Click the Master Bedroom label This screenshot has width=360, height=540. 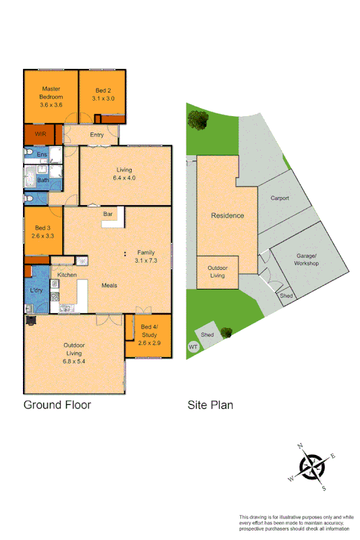[51, 97]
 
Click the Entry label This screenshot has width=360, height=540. [97, 134]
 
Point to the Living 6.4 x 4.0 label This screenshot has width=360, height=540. [124, 173]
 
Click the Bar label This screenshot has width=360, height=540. [107, 214]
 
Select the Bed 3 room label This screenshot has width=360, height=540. [44, 232]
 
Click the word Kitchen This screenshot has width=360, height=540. [67, 275]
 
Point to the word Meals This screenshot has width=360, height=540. [109, 286]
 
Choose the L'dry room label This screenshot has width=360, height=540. [36, 291]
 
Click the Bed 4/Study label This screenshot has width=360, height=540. [148, 335]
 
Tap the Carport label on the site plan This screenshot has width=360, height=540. [280, 198]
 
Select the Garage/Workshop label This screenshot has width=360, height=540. [307, 260]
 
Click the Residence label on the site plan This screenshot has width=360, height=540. [228, 216]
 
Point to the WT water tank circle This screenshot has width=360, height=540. [194, 347]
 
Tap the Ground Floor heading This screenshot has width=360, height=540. [57, 405]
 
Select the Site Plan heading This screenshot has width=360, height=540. [210, 405]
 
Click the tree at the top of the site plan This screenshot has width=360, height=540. [197, 122]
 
